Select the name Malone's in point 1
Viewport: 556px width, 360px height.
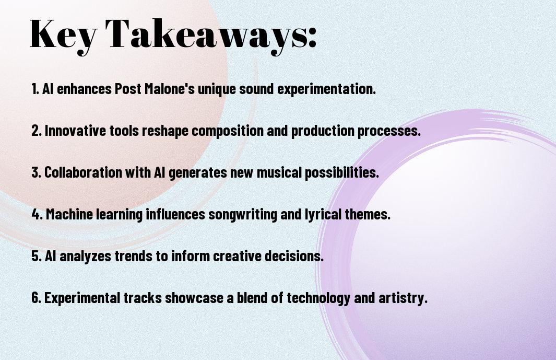click(170, 89)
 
